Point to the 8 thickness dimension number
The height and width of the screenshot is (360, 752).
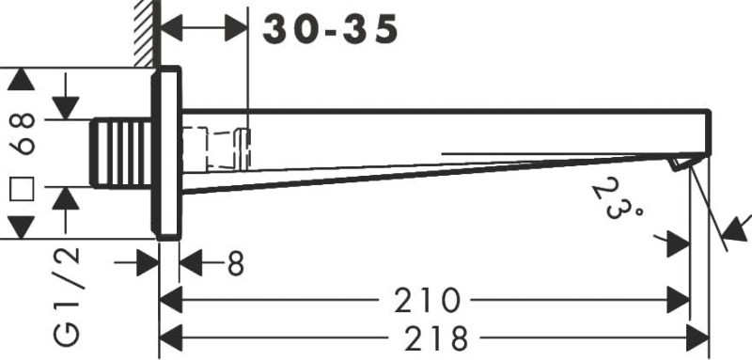(x=235, y=265)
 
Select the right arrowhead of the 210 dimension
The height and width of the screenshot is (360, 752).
(x=678, y=300)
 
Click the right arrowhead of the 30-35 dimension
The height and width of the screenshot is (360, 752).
(x=235, y=30)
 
